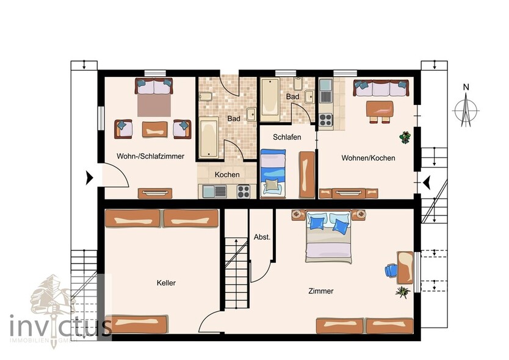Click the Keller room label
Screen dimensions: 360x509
(166, 283)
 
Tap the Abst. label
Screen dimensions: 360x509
(262, 237)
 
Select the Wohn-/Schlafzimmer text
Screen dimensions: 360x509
(150, 157)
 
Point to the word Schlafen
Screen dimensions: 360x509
(287, 137)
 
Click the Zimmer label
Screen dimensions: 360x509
(321, 291)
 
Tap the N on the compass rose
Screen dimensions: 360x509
(466, 87)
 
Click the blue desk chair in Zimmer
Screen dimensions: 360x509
(390, 270)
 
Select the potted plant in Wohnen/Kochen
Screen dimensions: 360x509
(404, 138)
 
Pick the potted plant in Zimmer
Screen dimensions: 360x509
(402, 292)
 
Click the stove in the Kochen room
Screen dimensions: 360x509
(244, 191)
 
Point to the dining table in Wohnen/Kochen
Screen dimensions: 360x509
(380, 109)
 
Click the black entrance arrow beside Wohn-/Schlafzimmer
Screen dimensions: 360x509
(90, 178)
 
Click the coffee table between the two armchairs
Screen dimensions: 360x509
(154, 129)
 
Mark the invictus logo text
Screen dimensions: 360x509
(60, 325)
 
